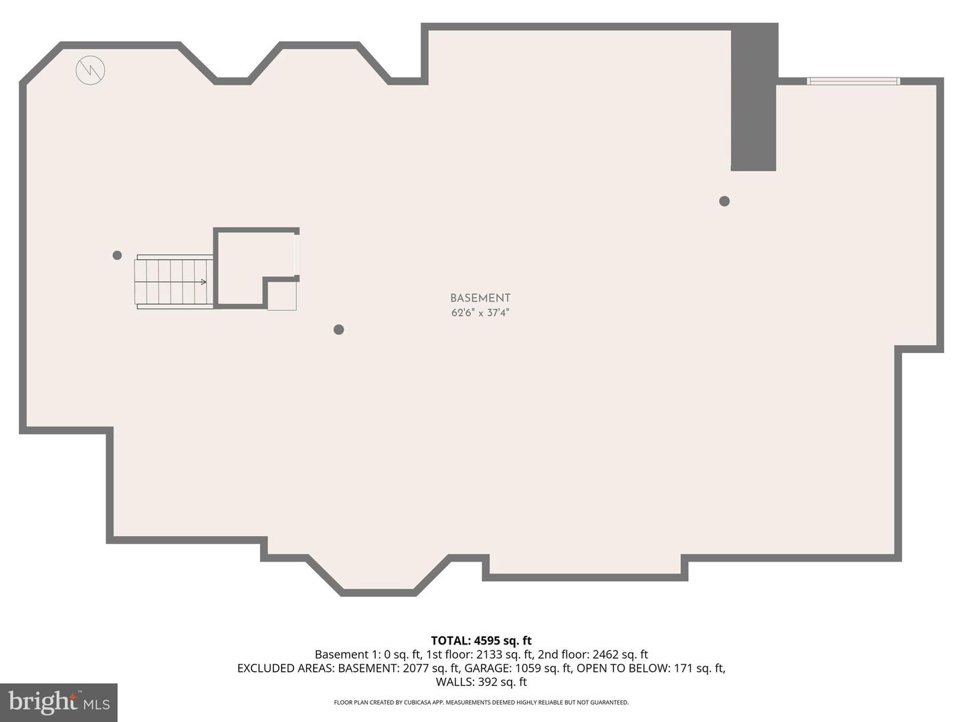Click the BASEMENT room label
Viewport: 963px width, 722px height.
click(x=480, y=298)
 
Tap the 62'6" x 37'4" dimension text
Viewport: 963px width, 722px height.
click(x=480, y=313)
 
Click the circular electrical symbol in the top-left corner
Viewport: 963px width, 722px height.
click(x=90, y=70)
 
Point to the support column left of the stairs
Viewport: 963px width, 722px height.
click(x=117, y=255)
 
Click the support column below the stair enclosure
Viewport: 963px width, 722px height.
click(x=338, y=330)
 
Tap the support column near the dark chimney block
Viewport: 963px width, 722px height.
click(x=724, y=201)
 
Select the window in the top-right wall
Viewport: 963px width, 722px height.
click(x=853, y=82)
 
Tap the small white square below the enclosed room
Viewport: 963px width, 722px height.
click(x=282, y=296)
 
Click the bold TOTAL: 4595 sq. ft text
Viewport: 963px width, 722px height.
click(x=481, y=640)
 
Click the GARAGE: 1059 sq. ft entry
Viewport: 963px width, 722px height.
click(x=518, y=668)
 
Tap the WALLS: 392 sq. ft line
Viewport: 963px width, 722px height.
click(x=481, y=682)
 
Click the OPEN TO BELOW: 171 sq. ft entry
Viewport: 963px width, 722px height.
click(x=651, y=668)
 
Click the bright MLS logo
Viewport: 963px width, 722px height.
click(x=59, y=703)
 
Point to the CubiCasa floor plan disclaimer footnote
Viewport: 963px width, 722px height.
click(x=481, y=703)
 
